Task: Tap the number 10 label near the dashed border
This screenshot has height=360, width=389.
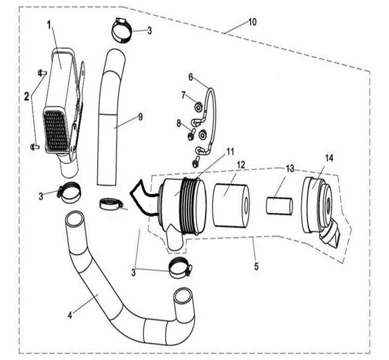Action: [252, 22]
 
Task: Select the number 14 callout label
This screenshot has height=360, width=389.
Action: [329, 158]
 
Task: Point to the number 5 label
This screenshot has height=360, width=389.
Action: [256, 266]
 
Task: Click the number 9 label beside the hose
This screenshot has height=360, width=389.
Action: [140, 117]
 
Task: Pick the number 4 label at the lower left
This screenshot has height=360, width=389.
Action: [70, 315]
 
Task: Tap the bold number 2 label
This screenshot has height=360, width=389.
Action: [27, 97]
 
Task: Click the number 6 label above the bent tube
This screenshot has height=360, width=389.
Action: [191, 77]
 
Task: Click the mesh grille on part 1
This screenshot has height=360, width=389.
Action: [56, 129]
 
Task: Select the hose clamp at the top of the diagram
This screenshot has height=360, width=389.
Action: [122, 30]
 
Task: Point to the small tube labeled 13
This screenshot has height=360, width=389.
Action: [279, 206]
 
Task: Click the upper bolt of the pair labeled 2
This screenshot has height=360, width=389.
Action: [42, 72]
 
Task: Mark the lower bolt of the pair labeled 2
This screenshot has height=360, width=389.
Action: [35, 146]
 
